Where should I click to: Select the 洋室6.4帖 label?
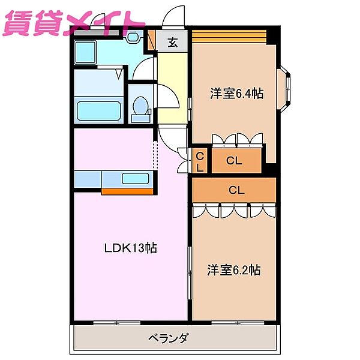[x=236, y=94]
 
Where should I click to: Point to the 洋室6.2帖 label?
[x=234, y=270]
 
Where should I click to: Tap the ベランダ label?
[x=167, y=338]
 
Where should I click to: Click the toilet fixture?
[x=142, y=109]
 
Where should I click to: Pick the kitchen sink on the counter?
[x=135, y=178]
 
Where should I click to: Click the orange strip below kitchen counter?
[x=128, y=191]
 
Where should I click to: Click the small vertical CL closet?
[x=200, y=161]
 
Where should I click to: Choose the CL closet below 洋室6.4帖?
[x=236, y=161]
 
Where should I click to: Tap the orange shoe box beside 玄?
[x=152, y=41]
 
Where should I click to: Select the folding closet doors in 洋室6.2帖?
[x=234, y=211]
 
